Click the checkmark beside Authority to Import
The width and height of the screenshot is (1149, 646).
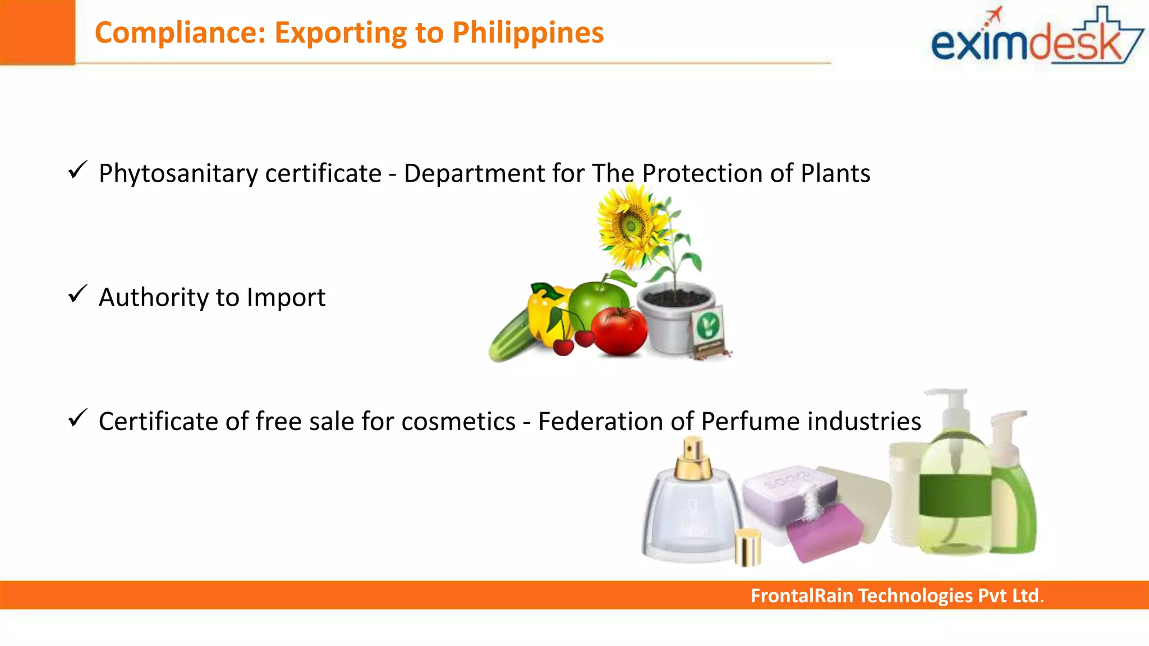[77, 294]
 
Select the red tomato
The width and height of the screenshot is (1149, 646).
[619, 331]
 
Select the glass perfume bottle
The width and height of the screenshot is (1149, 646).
[689, 510]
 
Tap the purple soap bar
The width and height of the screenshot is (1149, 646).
[824, 532]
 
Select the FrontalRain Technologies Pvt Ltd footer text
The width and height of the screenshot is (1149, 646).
[897, 596]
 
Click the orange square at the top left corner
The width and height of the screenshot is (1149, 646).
[37, 32]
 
